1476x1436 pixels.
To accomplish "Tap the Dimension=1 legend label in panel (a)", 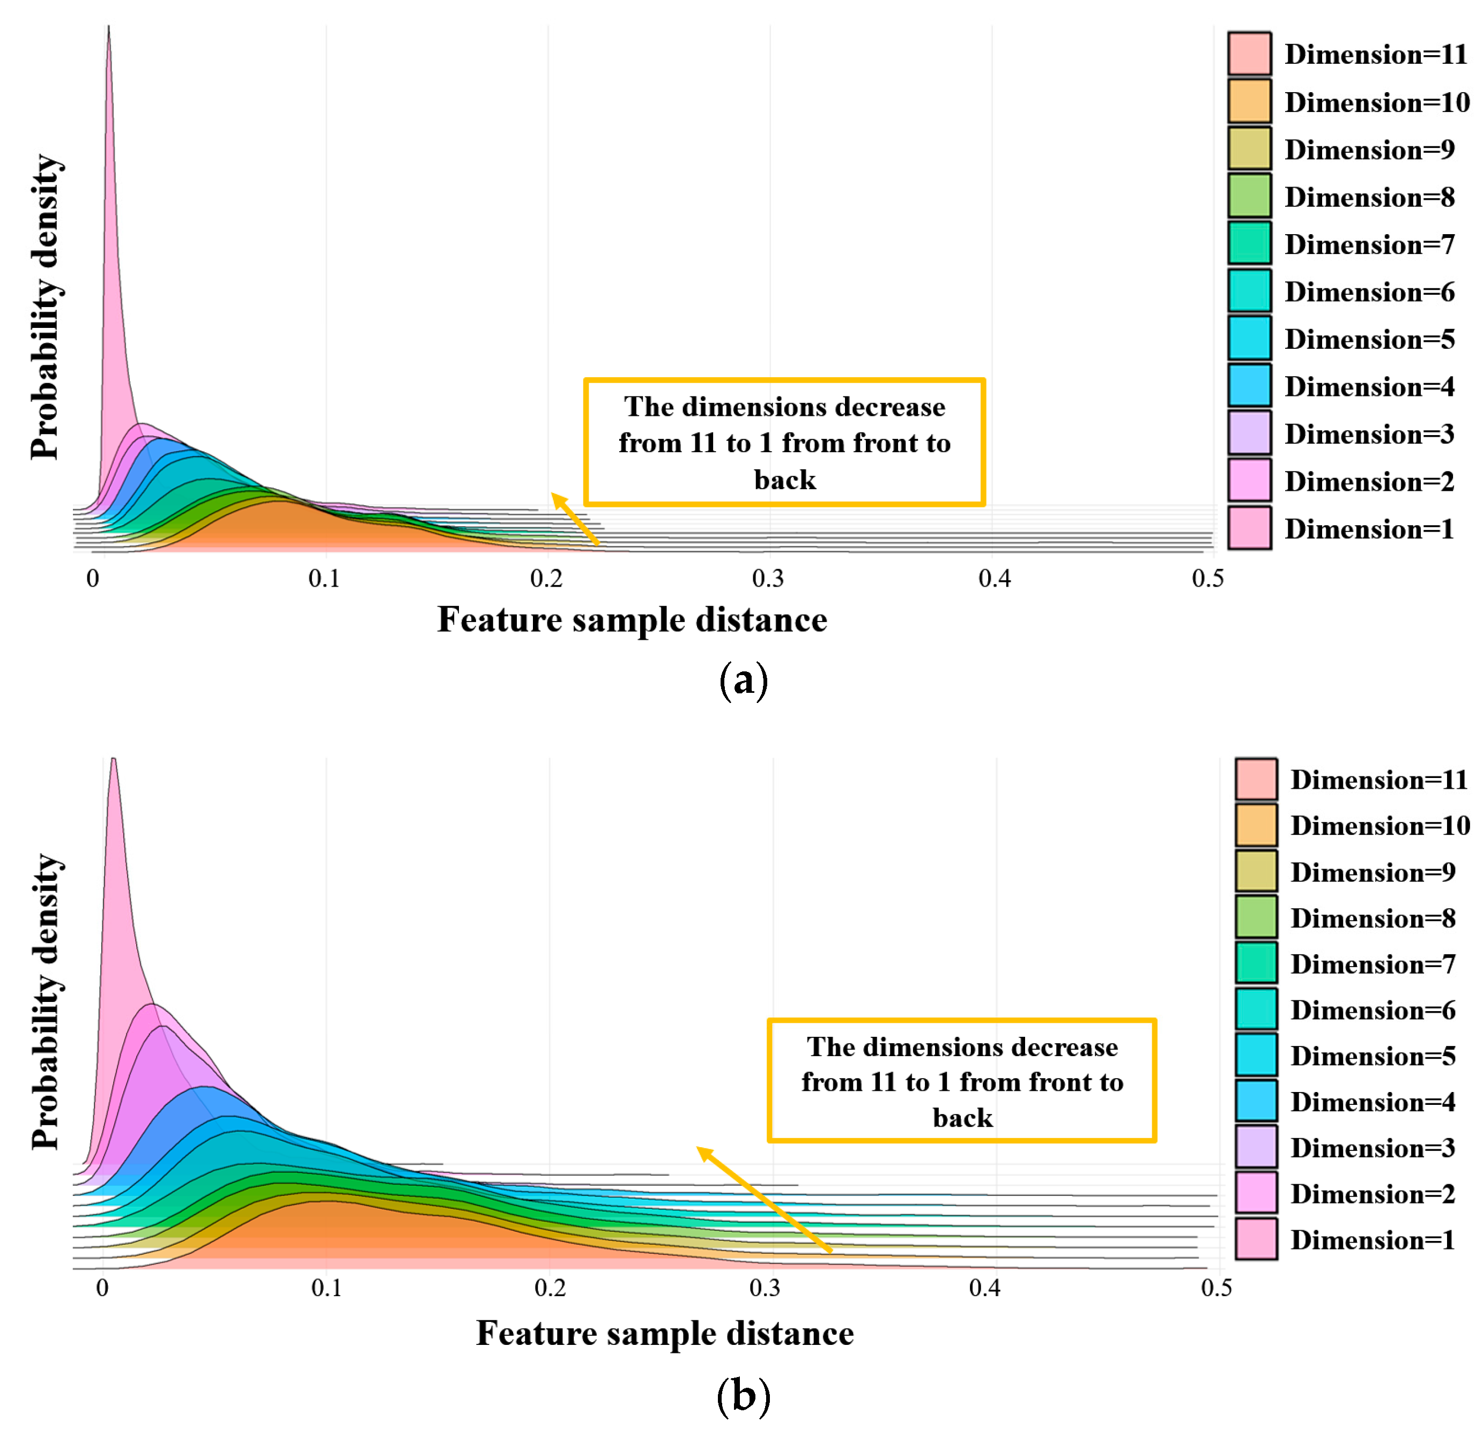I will [1368, 529].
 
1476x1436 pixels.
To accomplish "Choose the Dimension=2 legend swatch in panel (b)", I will [1256, 1193].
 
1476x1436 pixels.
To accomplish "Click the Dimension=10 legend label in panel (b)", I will [1379, 826].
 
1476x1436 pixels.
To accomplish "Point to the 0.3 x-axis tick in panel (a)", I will [768, 579].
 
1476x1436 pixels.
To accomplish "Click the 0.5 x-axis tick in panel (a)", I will [1207, 579].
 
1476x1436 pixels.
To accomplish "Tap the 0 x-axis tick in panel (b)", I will [102, 1287].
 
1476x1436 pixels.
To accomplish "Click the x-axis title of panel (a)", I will [632, 620].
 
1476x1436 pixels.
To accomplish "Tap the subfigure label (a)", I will [743, 680].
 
